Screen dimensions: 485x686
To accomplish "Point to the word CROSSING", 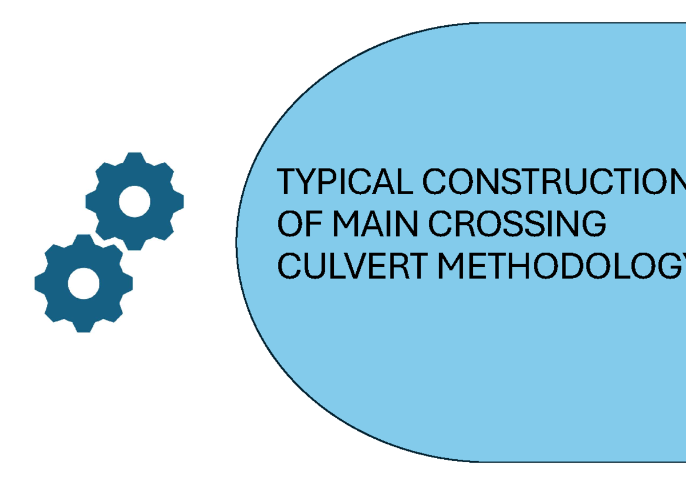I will point(517,224).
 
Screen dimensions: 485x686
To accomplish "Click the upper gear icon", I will point(135,201).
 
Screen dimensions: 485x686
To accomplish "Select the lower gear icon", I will point(84,283).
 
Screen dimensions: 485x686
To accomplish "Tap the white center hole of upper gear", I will point(135,201).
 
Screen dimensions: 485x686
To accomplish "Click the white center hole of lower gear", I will point(84,283).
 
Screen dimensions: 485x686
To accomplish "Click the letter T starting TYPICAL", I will point(288,182).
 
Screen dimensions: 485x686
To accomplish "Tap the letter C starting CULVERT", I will point(289,266).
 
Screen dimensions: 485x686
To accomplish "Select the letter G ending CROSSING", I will point(593,224).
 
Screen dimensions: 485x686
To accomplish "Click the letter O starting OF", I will point(290,224).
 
